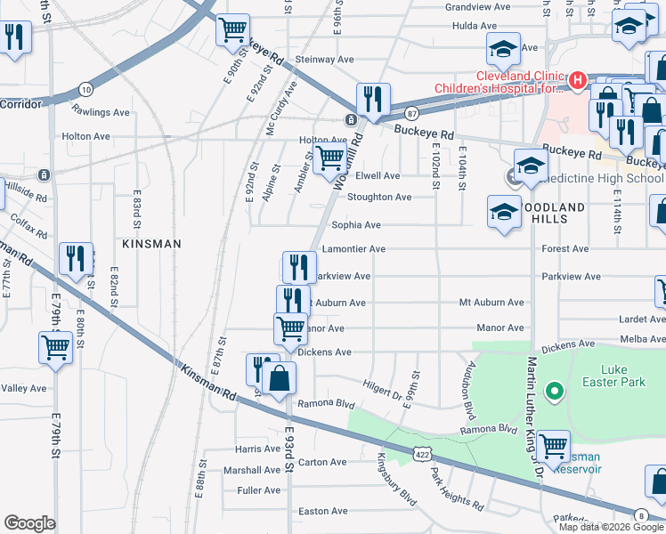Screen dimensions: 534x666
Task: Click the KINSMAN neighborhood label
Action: [x=152, y=243]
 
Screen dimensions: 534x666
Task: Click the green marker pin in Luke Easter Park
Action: [x=554, y=390]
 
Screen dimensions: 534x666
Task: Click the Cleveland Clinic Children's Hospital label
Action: [x=499, y=82]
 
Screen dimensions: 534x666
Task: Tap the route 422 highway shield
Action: [x=422, y=454]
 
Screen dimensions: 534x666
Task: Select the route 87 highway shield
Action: [x=410, y=113]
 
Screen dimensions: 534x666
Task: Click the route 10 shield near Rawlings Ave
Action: [x=85, y=89]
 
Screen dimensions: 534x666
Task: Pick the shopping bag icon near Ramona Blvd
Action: [x=280, y=377]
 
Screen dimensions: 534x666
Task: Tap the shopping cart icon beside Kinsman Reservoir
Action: [x=554, y=445]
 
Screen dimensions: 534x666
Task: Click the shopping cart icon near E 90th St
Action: [x=232, y=29]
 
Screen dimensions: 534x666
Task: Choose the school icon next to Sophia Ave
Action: [x=504, y=213]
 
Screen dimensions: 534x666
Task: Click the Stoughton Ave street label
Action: [x=379, y=197]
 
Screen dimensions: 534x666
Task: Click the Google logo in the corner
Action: [x=30, y=523]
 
